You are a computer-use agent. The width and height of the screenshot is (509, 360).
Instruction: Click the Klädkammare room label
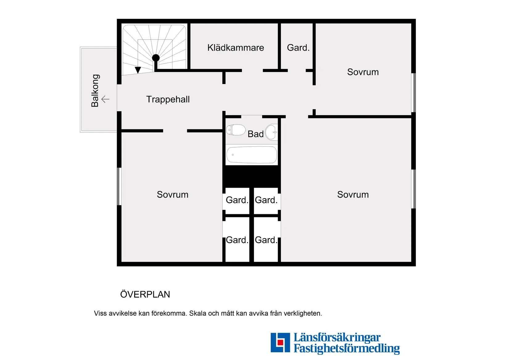point(235,48)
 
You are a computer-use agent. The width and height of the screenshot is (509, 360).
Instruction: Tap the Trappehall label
point(168,99)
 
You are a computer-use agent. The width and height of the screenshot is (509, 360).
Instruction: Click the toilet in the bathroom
point(236,130)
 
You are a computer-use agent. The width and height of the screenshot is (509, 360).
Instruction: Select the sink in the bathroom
point(271,132)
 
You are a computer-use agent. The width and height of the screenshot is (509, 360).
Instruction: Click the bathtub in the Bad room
point(251,155)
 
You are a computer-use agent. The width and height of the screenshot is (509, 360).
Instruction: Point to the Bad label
point(255,134)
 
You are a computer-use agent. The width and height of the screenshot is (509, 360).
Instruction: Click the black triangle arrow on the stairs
point(138,70)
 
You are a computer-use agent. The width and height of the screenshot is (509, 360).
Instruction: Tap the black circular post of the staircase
point(156,58)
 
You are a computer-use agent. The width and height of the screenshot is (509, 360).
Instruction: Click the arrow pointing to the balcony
point(105,99)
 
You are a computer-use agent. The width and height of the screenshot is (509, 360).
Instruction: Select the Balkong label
point(95,90)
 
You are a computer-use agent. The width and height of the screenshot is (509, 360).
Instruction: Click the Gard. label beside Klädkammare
point(298,48)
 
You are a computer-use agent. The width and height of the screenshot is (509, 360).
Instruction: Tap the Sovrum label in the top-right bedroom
point(363,72)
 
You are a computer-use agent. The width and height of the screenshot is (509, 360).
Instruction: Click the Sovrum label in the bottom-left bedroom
point(172,195)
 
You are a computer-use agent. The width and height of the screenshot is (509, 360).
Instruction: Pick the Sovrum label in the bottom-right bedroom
point(353,195)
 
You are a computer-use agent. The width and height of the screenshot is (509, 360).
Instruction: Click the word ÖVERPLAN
point(145,294)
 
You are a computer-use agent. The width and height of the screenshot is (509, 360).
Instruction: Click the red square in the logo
point(280,342)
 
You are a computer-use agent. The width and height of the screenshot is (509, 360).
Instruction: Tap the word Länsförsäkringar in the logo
point(337,337)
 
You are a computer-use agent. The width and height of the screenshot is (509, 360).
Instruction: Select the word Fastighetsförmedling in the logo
point(346,348)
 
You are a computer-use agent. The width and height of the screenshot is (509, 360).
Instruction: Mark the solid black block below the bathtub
point(251,176)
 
